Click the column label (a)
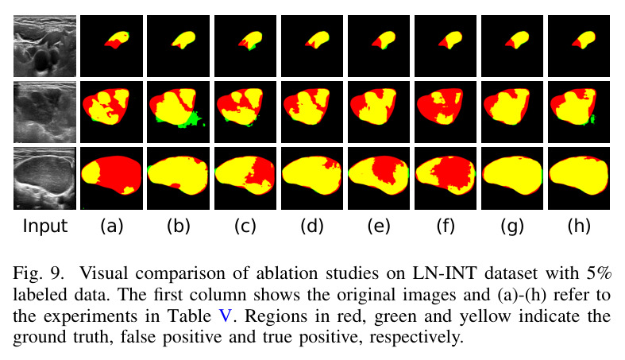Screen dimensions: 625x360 coord(112,226)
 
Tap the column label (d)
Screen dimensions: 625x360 coord(312,226)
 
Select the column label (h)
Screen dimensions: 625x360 coord(579,226)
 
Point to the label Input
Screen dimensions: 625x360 coord(45,226)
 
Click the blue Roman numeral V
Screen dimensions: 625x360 coord(226,316)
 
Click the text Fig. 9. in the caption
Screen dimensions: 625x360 coord(38,274)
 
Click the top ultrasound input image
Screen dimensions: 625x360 coord(44,46)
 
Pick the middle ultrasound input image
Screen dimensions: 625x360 coord(44,112)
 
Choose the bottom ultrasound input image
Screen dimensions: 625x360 coord(44,178)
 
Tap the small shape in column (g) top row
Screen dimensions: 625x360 coord(517,40)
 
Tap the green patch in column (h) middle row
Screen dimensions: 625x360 coord(592,118)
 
